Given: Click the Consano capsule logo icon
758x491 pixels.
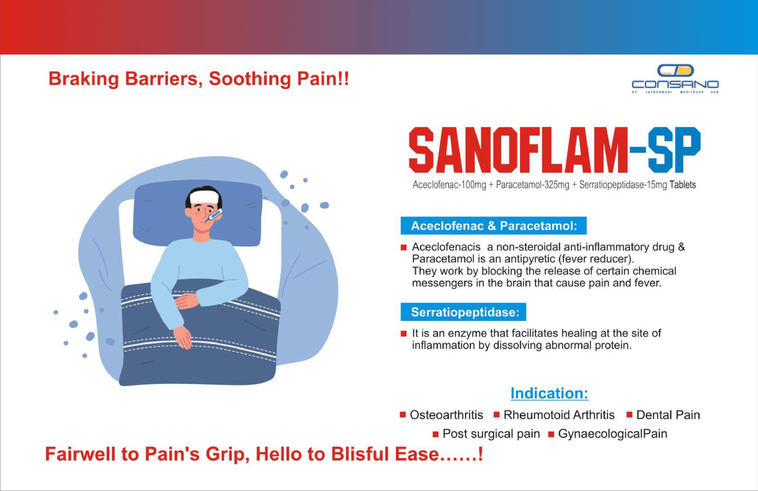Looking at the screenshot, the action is (676, 71).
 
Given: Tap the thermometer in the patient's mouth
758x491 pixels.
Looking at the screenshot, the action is (214, 215).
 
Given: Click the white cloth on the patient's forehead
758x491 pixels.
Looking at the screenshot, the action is (204, 197).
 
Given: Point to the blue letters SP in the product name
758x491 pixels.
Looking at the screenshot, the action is (675, 149).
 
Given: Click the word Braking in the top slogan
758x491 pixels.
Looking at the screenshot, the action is (83, 79).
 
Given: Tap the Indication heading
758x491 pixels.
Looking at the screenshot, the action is (549, 393).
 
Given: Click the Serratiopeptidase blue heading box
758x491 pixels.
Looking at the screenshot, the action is (463, 312).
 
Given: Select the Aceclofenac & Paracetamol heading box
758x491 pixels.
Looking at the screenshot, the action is (493, 226).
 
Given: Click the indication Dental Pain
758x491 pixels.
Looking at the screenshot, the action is (668, 415).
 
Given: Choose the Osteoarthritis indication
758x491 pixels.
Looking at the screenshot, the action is (446, 415).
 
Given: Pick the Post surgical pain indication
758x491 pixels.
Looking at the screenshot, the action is (491, 434).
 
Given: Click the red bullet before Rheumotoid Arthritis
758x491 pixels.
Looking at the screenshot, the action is (497, 415).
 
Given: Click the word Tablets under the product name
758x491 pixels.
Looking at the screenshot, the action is (683, 185).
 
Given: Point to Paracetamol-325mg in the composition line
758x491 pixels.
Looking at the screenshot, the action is (532, 185).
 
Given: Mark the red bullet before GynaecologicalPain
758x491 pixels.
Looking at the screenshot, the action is (551, 434).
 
